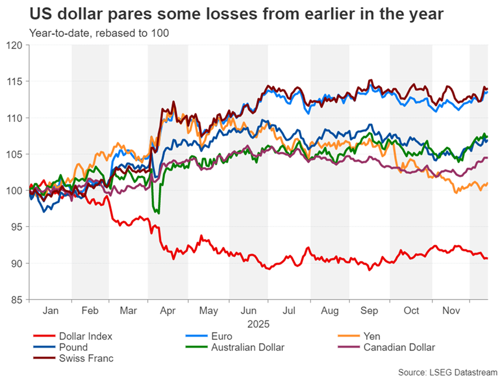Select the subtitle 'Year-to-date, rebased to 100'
[99, 34]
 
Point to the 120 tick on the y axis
[18, 45]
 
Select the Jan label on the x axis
[50, 311]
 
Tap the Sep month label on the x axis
[371, 311]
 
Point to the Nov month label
[450, 311]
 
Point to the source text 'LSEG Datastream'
[447, 372]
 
